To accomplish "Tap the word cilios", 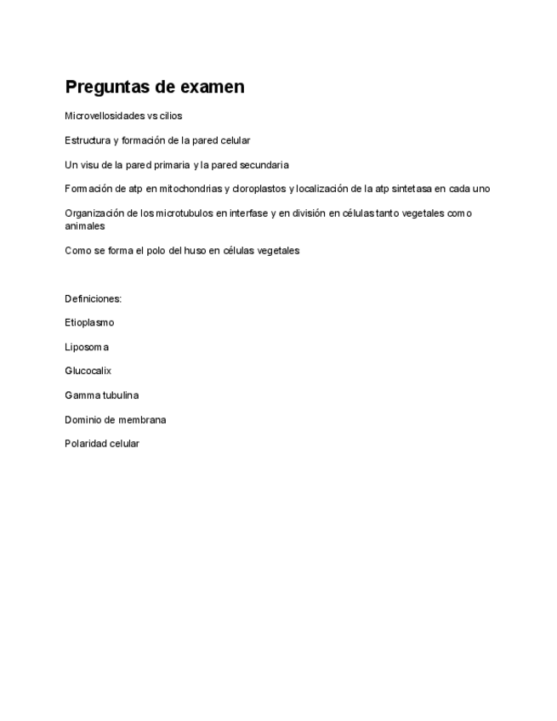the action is [x=170, y=116].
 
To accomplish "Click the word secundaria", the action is [x=264, y=165].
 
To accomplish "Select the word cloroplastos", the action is [x=259, y=189].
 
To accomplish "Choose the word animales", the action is [x=85, y=226].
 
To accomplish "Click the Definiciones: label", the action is [x=93, y=298].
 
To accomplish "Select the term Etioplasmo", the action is [x=89, y=323].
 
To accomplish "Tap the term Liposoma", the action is [x=87, y=347].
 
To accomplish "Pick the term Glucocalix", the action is [x=88, y=372].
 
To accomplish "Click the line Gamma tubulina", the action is [x=101, y=395].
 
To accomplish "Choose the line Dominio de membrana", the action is [x=115, y=420].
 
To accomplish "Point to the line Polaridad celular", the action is [x=102, y=444].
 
